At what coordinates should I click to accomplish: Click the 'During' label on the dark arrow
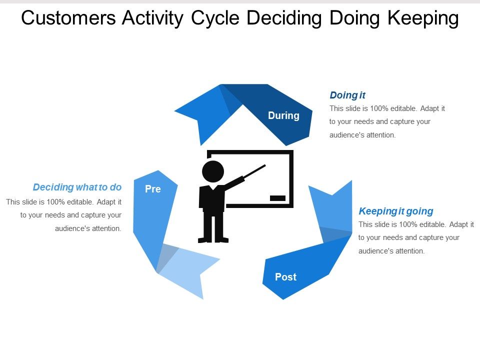pyautogui.click(x=283, y=115)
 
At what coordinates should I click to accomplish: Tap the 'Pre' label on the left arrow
pyautogui.click(x=152, y=189)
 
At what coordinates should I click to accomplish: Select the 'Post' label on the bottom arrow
pyautogui.click(x=285, y=277)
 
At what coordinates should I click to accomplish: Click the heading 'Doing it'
pyautogui.click(x=347, y=95)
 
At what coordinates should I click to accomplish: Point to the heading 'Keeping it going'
pyautogui.click(x=396, y=210)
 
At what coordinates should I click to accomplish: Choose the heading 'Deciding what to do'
pyautogui.click(x=77, y=187)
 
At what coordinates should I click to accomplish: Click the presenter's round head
pyautogui.click(x=213, y=171)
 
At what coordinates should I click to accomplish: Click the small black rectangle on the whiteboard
pyautogui.click(x=277, y=198)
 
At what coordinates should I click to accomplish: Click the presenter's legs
pyautogui.click(x=213, y=227)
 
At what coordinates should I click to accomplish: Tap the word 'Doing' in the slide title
pyautogui.click(x=357, y=18)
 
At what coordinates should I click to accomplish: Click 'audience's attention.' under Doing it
pyautogui.click(x=362, y=135)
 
